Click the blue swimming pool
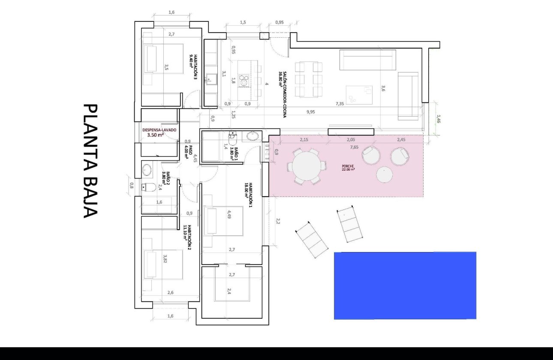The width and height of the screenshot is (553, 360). click(x=405, y=285)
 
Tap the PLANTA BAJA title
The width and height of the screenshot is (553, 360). click(x=90, y=161)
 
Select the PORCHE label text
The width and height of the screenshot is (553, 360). click(x=348, y=167)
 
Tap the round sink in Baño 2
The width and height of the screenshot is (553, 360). click(x=147, y=170)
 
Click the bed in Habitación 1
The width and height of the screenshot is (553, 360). click(x=223, y=221)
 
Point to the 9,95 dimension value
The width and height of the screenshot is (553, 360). click(x=311, y=112)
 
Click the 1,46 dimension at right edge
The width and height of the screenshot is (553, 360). click(x=438, y=119)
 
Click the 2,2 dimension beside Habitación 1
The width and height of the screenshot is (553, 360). click(x=277, y=221)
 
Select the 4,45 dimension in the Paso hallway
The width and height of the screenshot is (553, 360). click(x=195, y=158)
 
